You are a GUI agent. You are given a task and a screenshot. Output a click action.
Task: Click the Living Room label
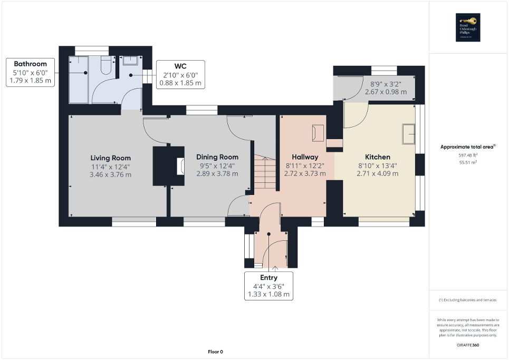[110, 158]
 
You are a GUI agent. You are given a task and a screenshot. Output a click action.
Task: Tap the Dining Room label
[217, 157]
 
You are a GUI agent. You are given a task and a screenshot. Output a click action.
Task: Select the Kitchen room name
[378, 157]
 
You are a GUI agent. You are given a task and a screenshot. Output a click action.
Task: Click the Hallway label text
[305, 157]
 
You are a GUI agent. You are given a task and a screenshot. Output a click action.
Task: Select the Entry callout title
[268, 277]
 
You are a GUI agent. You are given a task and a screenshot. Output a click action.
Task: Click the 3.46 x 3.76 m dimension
[110, 174]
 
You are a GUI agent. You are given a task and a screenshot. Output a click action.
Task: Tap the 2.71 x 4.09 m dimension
[378, 173]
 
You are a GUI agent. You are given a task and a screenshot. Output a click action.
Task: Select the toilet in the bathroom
[105, 66]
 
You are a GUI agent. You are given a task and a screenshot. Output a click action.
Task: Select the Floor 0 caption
[215, 352]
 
